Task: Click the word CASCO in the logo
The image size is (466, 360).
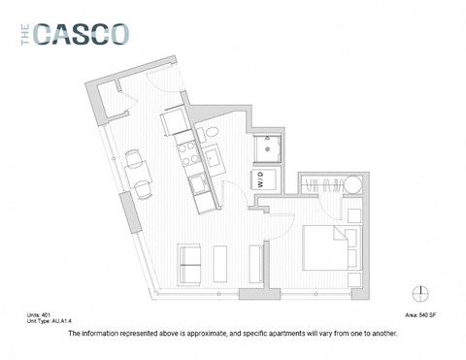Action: click(x=83, y=34)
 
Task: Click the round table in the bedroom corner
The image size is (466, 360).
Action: click(x=353, y=186)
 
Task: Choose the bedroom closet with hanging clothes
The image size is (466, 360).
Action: click(x=320, y=184)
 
